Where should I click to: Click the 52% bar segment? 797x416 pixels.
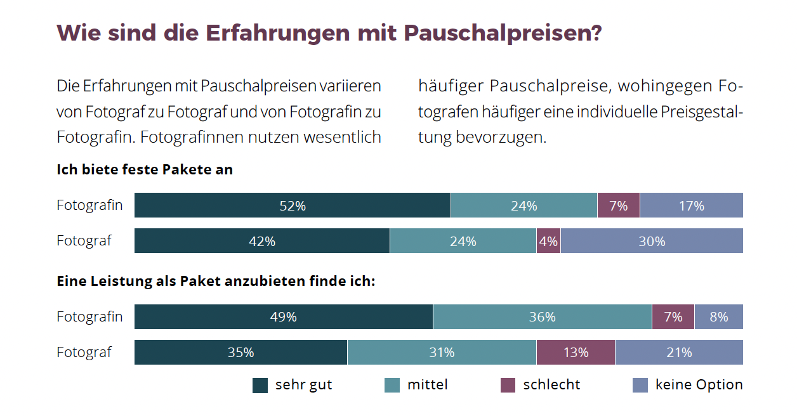pos(293,205)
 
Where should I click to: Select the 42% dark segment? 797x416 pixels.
pos(262,241)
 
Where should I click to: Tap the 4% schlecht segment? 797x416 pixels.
pos(548,241)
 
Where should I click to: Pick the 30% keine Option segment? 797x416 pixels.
pos(652,241)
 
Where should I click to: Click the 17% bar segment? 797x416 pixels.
pos(691,205)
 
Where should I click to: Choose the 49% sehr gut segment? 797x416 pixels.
pos(284,317)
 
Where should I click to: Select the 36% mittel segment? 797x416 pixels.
pos(542,317)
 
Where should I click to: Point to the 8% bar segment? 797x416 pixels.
pos(718,317)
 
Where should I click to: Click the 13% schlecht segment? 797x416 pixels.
pos(576,353)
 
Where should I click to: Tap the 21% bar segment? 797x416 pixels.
pos(679,353)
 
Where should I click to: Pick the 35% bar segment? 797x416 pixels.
pos(241,353)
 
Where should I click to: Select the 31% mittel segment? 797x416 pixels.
pos(442,353)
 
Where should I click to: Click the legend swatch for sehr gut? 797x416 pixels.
pos(260,386)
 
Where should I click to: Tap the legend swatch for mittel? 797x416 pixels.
pos(392,386)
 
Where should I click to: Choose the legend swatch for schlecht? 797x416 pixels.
pos(508,386)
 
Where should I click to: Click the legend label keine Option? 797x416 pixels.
pos(699,385)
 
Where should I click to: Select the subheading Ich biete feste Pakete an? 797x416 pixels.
pos(145,170)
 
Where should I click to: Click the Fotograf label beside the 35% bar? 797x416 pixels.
pos(84,353)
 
